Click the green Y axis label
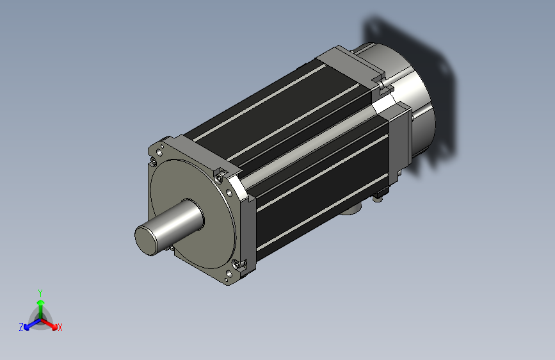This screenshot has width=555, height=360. click(x=40, y=293)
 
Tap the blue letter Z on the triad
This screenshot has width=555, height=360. click(x=21, y=327)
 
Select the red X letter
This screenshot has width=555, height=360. click(x=60, y=327)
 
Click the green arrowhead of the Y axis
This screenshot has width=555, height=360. click(x=41, y=302)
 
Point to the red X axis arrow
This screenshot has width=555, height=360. click(x=49, y=324)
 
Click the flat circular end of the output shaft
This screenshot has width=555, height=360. click(x=145, y=241)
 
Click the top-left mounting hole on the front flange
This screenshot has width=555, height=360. click(x=159, y=152)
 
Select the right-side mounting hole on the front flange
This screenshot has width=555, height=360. click(x=229, y=193)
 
